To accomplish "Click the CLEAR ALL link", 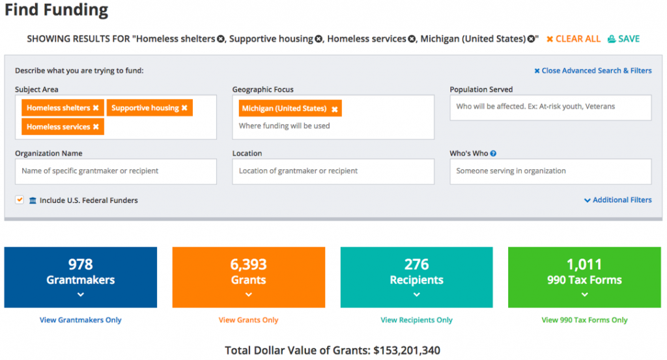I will pyautogui.click(x=574, y=39).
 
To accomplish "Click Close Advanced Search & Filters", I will pyautogui.click(x=593, y=71).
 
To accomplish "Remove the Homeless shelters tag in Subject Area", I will pyautogui.click(x=96, y=108).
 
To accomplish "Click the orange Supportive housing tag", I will pyautogui.click(x=145, y=108).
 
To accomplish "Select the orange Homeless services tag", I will pyautogui.click(x=58, y=127).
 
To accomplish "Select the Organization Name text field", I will pyautogui.click(x=115, y=171).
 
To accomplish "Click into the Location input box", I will pyautogui.click(x=333, y=171).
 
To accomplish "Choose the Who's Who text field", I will pyautogui.click(x=550, y=171).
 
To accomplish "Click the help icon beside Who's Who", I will pyautogui.click(x=493, y=154).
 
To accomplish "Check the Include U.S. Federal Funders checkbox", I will pyautogui.click(x=20, y=200).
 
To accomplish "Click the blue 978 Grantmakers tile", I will pyautogui.click(x=81, y=277).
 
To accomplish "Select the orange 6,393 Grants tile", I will pyautogui.click(x=248, y=277).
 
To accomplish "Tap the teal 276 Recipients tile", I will pyautogui.click(x=416, y=277).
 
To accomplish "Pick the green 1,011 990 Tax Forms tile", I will pyautogui.click(x=584, y=277).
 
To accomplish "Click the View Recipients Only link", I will pyautogui.click(x=416, y=320).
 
